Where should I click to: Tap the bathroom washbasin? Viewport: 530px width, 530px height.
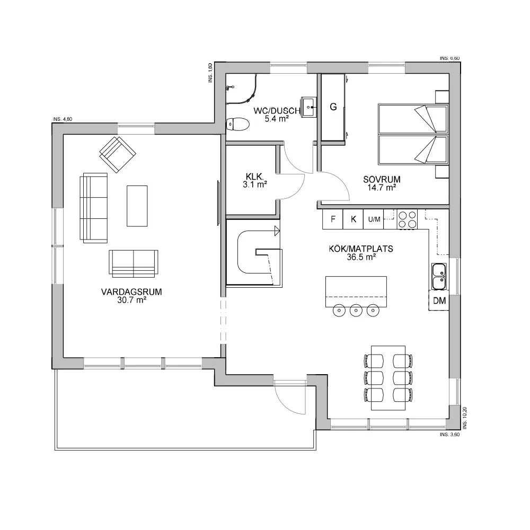(x=308, y=107)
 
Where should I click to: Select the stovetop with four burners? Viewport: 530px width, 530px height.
(x=407, y=219)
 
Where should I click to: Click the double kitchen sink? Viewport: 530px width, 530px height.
(x=439, y=277)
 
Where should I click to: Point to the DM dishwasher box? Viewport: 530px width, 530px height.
(x=439, y=301)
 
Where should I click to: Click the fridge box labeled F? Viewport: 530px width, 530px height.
(x=333, y=219)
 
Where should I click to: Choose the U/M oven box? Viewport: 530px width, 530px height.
(x=374, y=219)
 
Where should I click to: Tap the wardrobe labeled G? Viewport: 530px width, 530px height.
(x=333, y=107)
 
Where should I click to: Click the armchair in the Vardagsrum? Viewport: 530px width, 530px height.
(x=118, y=155)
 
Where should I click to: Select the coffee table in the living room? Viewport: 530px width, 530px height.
(x=137, y=206)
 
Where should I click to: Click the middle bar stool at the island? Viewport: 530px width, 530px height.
(x=356, y=310)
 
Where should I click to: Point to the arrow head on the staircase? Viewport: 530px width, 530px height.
(x=277, y=232)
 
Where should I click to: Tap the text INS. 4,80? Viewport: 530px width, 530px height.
(x=63, y=119)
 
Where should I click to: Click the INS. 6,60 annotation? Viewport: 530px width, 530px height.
(x=449, y=58)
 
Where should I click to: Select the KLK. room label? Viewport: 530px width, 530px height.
(x=254, y=176)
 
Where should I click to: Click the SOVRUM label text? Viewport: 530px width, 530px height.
(x=382, y=180)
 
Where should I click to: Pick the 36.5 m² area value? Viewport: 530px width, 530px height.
(x=361, y=257)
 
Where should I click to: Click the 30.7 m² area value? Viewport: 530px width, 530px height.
(x=131, y=300)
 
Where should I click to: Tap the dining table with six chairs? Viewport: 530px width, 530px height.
(x=388, y=378)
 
